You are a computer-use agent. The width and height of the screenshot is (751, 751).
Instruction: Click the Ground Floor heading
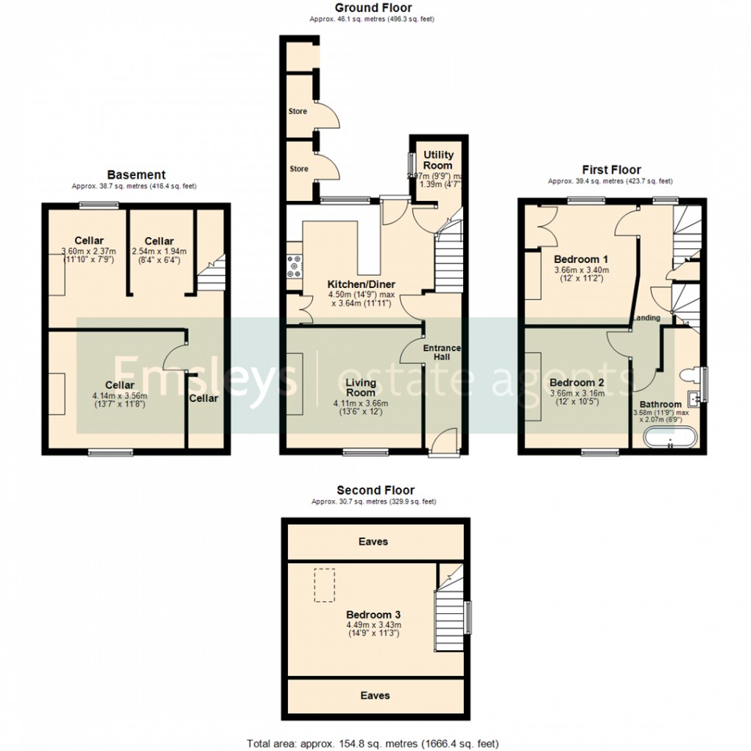373,8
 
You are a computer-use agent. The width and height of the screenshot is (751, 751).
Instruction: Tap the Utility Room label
439,160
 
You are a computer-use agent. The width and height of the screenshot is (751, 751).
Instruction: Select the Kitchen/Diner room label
362,284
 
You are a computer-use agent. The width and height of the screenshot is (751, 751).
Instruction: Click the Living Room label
362,387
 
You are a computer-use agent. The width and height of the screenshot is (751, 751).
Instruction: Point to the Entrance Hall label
442,352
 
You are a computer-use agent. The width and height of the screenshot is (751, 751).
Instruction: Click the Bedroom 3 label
374,615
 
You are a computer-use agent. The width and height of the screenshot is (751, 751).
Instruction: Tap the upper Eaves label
373,541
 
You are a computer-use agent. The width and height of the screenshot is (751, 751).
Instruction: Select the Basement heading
136,175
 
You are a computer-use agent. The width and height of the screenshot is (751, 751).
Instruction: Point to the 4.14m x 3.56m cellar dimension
119,395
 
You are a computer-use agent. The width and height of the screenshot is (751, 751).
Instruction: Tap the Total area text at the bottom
375,744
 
